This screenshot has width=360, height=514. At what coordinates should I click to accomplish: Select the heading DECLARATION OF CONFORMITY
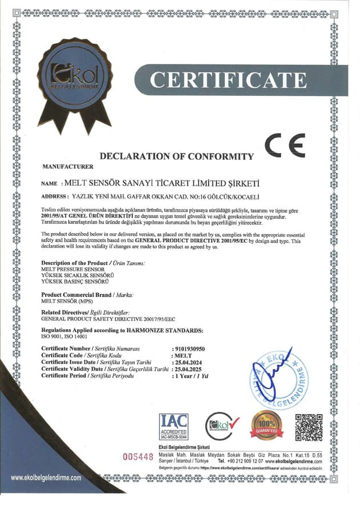(177, 156)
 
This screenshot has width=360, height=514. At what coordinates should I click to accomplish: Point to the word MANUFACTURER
(67, 167)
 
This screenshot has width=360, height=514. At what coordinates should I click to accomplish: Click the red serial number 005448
(139, 456)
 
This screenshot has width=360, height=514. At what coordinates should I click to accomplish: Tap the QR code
(309, 427)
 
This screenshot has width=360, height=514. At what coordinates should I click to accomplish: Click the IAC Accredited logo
(173, 425)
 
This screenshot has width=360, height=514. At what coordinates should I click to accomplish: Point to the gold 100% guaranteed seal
(267, 425)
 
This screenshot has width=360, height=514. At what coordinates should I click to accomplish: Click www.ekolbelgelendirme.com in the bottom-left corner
(46, 477)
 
